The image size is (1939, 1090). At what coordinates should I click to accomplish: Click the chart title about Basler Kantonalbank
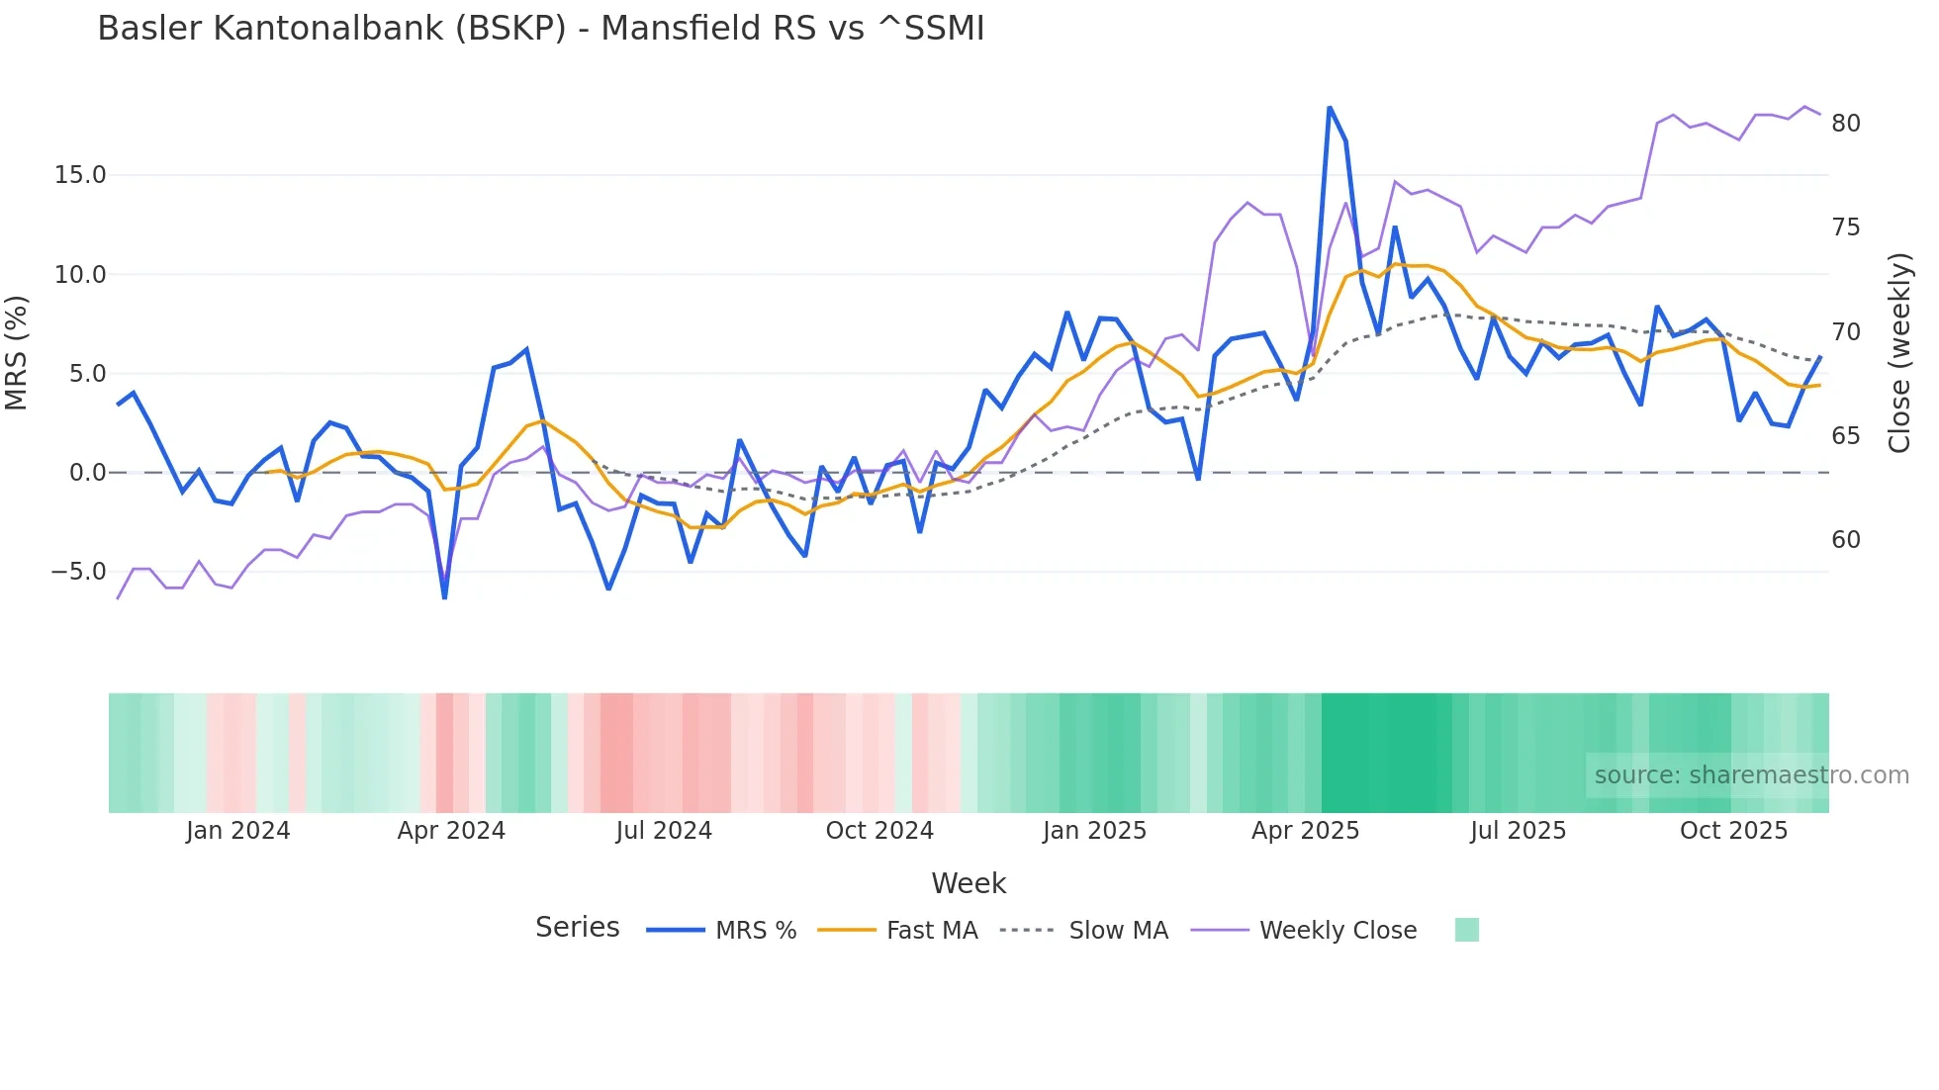(540, 29)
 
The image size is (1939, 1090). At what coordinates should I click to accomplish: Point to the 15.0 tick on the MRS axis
(79, 175)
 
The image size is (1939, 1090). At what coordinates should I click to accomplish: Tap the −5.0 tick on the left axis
(77, 572)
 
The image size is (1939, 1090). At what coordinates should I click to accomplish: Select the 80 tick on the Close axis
(1845, 124)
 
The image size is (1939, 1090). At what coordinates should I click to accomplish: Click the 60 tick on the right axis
(1845, 540)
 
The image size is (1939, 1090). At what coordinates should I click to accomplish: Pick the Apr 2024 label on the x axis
(451, 831)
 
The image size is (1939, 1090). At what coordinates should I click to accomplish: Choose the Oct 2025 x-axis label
(1733, 831)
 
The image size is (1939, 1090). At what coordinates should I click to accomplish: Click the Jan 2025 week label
(1094, 831)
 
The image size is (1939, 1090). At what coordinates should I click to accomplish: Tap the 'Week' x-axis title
(969, 883)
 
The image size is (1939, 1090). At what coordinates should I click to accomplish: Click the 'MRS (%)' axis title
(17, 353)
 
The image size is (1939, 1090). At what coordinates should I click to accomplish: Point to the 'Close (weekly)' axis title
(1899, 353)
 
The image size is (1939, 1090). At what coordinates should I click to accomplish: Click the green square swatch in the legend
(1467, 930)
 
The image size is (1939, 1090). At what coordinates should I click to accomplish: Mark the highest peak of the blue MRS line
(1330, 107)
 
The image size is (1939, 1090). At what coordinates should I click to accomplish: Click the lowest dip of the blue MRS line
(444, 598)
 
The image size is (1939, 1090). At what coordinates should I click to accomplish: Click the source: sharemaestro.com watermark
(1751, 775)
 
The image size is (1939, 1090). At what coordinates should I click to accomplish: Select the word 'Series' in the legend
(577, 928)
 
